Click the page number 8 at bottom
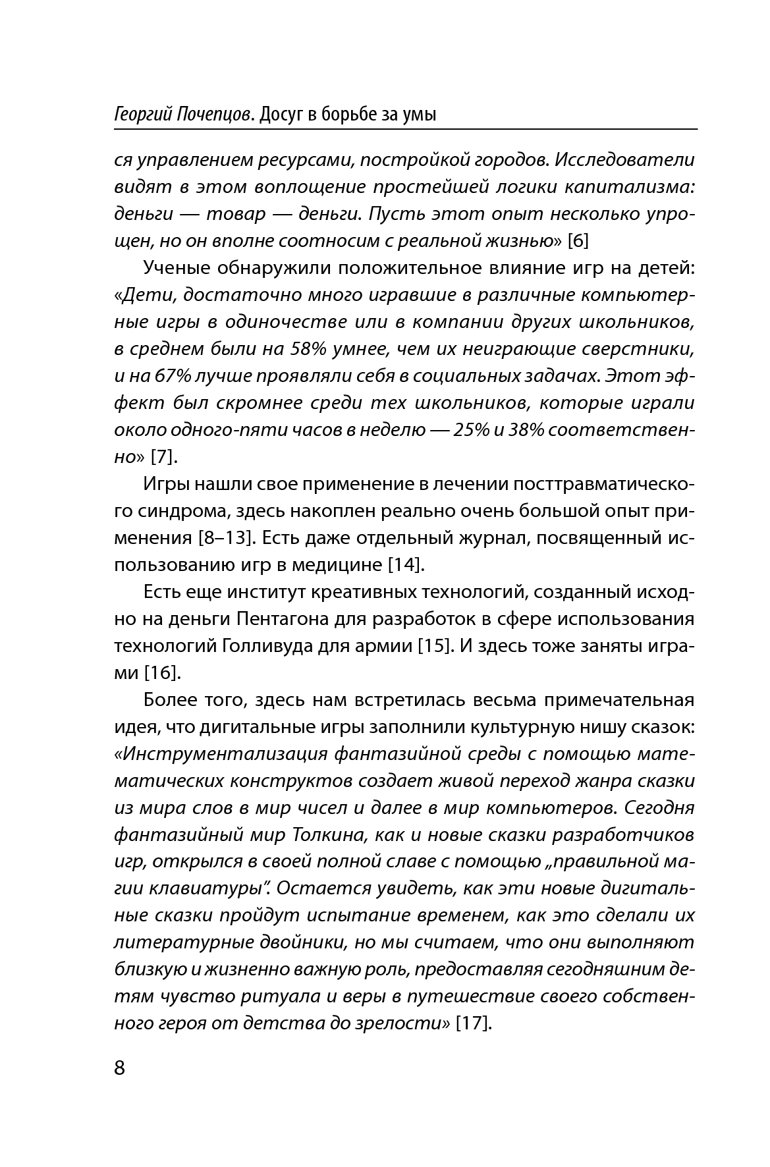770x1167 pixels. point(119,1068)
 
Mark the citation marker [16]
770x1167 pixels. point(161,672)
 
